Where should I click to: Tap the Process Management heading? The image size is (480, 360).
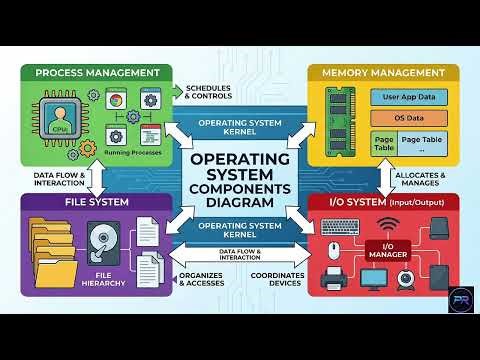pos(97,73)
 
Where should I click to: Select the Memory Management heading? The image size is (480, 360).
pos(382,73)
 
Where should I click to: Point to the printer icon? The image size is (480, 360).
pos(334,277)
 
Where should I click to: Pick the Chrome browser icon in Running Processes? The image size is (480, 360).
pos(117,101)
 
